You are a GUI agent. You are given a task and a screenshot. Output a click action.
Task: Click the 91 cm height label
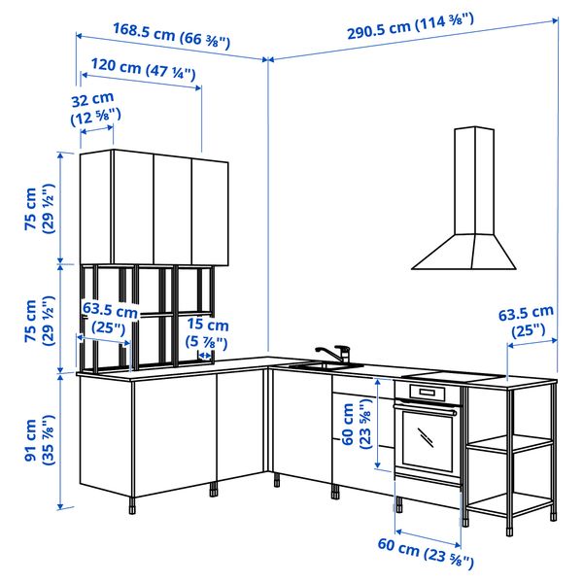pos(38,440)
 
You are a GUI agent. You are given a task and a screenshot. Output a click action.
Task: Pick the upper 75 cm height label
pos(38,208)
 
